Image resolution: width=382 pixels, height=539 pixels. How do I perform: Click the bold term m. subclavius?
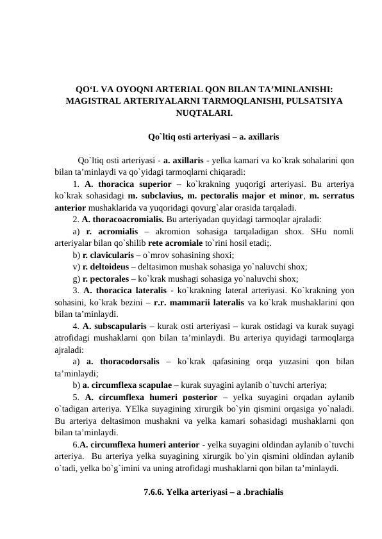click(x=154, y=195)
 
